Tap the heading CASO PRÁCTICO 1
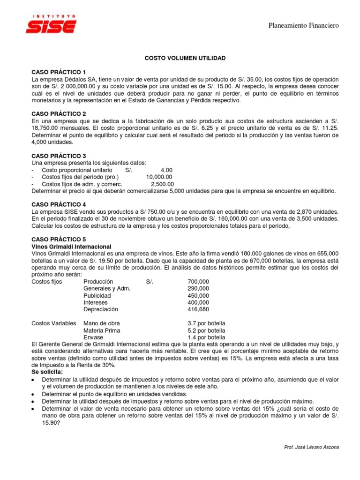tap(59, 72)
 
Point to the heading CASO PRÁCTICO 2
tap(59, 114)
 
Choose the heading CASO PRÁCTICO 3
tap(59, 155)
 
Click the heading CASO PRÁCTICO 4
tap(59, 204)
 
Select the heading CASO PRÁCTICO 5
tap(59, 239)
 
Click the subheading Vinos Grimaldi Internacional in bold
tap(71, 246)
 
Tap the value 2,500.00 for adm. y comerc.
tap(162, 184)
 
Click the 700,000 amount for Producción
tap(198, 281)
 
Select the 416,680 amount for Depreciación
tap(198, 309)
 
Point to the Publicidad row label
tap(97, 295)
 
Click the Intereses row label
tap(96, 302)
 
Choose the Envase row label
tap(93, 337)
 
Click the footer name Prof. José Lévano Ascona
tap(311, 447)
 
